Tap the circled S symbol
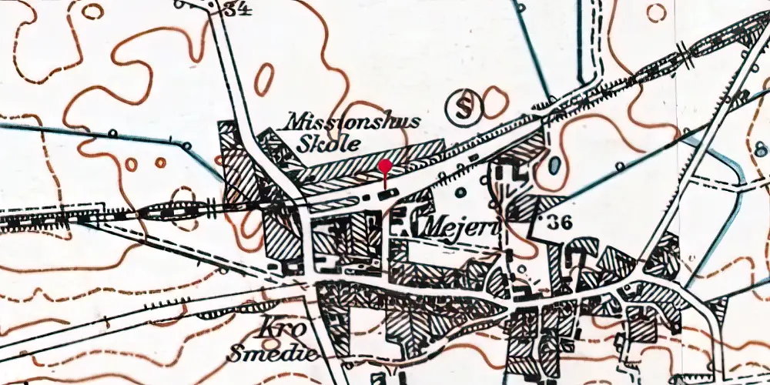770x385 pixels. pos(464,106)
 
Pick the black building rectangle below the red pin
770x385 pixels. pos(387,192)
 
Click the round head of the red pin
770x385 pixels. pos(386,166)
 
